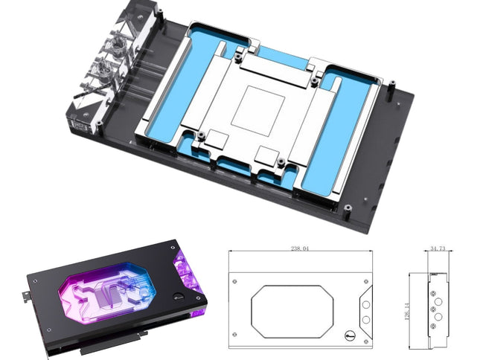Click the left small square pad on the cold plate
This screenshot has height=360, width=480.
click(x=217, y=138)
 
